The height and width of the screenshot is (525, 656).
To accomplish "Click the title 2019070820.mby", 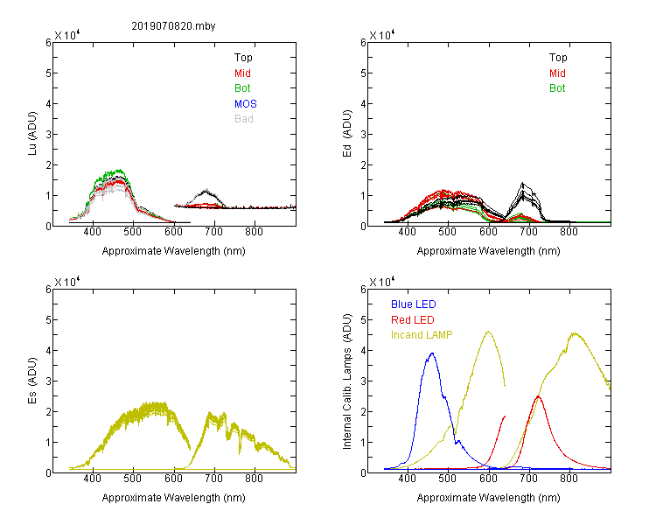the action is [174, 26].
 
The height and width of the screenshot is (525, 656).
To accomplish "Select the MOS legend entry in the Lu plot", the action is [246, 103].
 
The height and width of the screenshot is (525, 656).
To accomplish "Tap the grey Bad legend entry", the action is [244, 119].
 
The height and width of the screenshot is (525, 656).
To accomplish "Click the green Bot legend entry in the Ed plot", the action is [557, 88].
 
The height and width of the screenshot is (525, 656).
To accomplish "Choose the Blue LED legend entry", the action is [414, 304].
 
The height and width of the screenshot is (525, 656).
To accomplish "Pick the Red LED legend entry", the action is [413, 320].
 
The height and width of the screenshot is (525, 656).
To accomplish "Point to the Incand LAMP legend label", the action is [422, 335].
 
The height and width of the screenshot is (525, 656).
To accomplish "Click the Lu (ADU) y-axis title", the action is [32, 134].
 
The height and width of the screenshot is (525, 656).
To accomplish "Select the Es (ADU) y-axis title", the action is [32, 381].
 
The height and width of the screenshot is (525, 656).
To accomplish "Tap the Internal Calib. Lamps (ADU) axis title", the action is [347, 381].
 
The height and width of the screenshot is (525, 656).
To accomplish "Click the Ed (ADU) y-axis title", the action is [347, 134].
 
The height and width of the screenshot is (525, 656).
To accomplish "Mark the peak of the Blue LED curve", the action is [432, 353].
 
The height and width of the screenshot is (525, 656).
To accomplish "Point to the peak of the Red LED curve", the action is [538, 396].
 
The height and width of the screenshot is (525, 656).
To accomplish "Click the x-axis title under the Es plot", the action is [174, 497].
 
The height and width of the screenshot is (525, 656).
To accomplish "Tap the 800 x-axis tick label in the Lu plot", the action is [254, 232].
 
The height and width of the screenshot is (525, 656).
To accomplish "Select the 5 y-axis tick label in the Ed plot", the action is [363, 73].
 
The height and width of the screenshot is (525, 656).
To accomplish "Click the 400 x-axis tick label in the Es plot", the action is [93, 479].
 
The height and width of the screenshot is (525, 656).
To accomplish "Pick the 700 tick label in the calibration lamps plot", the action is [529, 479].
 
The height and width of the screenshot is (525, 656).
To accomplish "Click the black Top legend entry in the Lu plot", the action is [243, 58].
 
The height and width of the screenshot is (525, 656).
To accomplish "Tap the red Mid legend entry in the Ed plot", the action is [557, 73].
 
